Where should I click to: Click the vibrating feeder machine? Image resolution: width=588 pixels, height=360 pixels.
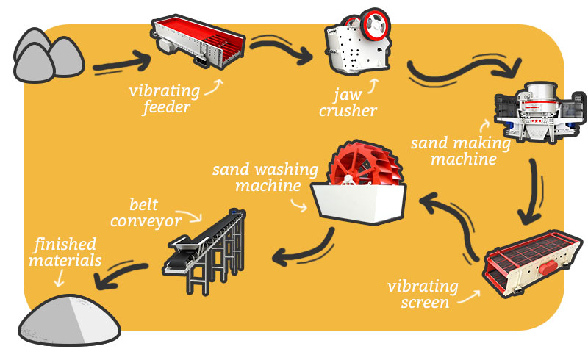(198, 41)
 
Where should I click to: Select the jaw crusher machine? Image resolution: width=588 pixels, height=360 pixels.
(356, 43)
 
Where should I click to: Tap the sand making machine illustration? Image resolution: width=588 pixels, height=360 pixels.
(540, 111)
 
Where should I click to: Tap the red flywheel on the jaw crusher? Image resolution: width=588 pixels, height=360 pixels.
(375, 24)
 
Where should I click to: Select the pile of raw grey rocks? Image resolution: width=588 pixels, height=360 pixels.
(48, 57)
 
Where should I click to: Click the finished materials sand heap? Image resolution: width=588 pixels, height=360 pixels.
(69, 320)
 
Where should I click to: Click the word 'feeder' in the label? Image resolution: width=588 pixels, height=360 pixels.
(167, 107)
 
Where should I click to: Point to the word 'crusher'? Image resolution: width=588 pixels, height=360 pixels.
(348, 111)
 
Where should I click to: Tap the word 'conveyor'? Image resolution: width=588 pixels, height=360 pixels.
(146, 220)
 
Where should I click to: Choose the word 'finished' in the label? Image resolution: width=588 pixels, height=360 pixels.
(65, 244)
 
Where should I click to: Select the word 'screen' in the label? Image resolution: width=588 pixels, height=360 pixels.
(425, 302)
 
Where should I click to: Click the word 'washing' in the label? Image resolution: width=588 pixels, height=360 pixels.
(286, 170)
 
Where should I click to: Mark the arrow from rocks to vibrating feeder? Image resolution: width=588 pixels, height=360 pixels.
(122, 63)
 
